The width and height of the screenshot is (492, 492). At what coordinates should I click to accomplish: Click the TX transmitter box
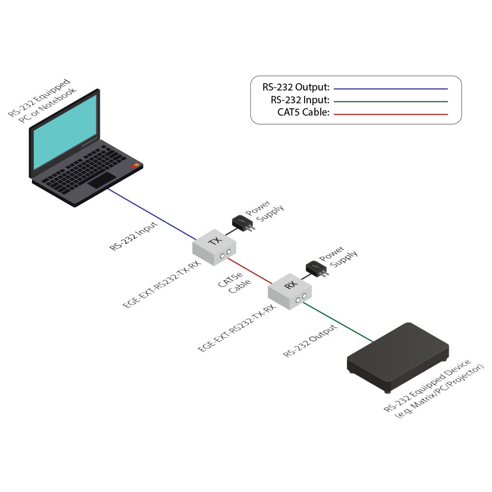[215, 246]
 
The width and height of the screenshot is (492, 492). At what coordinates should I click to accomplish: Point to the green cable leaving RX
[339, 322]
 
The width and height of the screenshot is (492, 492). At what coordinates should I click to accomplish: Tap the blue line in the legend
[391, 89]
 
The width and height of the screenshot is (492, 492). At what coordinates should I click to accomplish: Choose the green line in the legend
[391, 101]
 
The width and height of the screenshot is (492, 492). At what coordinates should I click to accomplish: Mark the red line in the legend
[391, 114]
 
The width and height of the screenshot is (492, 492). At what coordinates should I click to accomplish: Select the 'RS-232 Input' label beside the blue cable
[134, 236]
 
